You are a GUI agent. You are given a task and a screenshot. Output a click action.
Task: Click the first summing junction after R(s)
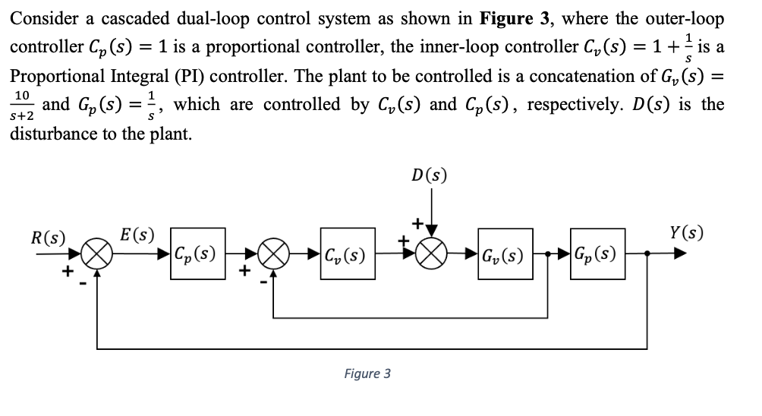(x=96, y=254)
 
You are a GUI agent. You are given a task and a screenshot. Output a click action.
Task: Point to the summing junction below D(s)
(x=432, y=254)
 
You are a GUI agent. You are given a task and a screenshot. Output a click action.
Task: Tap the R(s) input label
(x=48, y=236)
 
